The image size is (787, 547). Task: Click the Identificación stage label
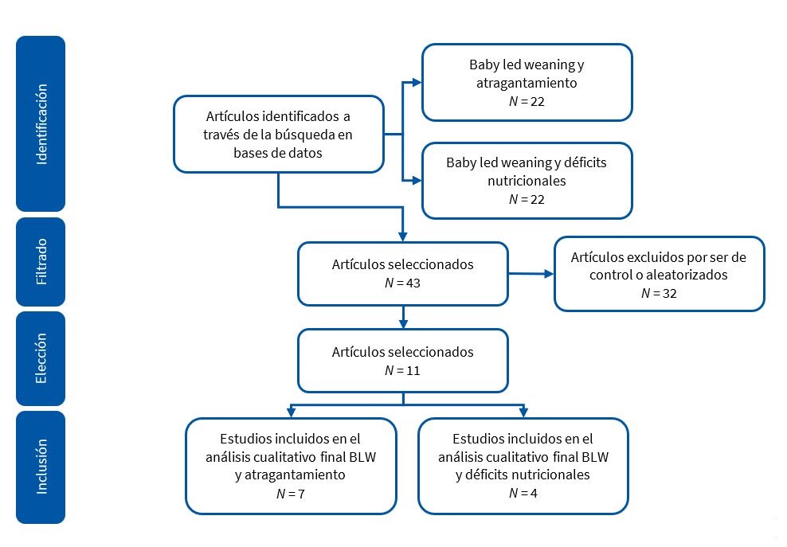pyautogui.click(x=41, y=123)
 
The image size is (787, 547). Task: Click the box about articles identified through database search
pyautogui.click(x=278, y=135)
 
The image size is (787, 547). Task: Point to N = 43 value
pyautogui.click(x=402, y=283)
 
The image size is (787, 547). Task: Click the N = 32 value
pyautogui.click(x=659, y=292)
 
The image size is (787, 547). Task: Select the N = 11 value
pyautogui.click(x=402, y=370)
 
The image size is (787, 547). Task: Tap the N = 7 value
pyautogui.click(x=291, y=494)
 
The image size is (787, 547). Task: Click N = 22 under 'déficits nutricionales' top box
pyautogui.click(x=527, y=198)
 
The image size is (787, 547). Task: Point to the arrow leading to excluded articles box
pyautogui.click(x=531, y=274)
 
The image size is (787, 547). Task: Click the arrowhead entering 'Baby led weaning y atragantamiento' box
pyautogui.click(x=417, y=82)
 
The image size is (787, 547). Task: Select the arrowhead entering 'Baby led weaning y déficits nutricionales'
pyautogui.click(x=417, y=179)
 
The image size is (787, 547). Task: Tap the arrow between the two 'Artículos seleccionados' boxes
pyautogui.click(x=403, y=317)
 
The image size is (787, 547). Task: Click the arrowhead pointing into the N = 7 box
pyautogui.click(x=291, y=412)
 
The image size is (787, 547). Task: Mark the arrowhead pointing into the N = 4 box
pyautogui.click(x=523, y=412)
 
